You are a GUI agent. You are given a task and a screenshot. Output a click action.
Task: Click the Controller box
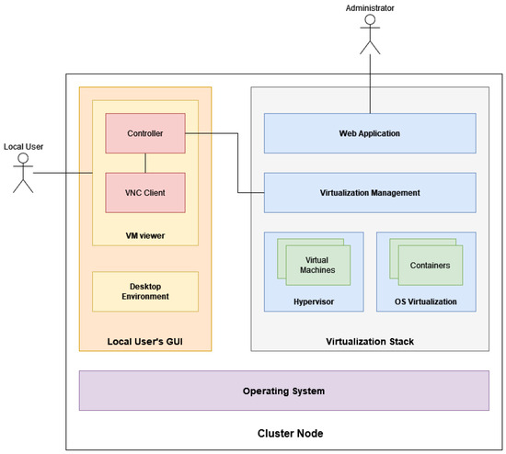[x=145, y=133]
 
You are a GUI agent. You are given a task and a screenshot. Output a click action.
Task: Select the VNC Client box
[x=145, y=192]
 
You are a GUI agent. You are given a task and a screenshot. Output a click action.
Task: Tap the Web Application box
[x=370, y=133]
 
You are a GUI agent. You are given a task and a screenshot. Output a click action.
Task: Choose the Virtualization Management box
[x=370, y=192]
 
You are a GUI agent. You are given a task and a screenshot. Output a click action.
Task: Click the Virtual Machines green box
[x=318, y=265]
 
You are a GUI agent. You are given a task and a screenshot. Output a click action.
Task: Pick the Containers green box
[x=431, y=265]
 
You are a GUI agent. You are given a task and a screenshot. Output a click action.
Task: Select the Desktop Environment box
[x=145, y=291]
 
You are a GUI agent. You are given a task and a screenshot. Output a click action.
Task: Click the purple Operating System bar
[x=284, y=391]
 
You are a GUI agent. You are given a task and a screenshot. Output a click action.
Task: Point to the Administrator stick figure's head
[x=370, y=19]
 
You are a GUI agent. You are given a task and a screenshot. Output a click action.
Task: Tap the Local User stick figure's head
[x=23, y=158]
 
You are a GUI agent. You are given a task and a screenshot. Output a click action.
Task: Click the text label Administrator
[x=370, y=8]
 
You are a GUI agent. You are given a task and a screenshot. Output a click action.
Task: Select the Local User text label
[x=23, y=147]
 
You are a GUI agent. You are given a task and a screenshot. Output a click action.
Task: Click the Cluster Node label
[x=290, y=433]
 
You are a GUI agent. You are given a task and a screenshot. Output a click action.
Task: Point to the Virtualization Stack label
[x=370, y=342]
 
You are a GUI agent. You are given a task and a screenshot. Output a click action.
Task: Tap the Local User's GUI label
[x=144, y=342]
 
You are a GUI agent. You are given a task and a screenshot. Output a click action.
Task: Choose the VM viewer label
[x=145, y=235]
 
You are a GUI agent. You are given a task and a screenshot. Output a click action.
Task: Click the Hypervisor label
[x=314, y=301]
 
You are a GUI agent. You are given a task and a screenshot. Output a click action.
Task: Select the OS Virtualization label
[x=426, y=301]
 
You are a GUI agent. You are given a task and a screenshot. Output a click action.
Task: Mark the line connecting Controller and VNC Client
[x=145, y=163]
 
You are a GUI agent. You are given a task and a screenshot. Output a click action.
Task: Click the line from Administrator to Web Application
[x=370, y=84]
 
